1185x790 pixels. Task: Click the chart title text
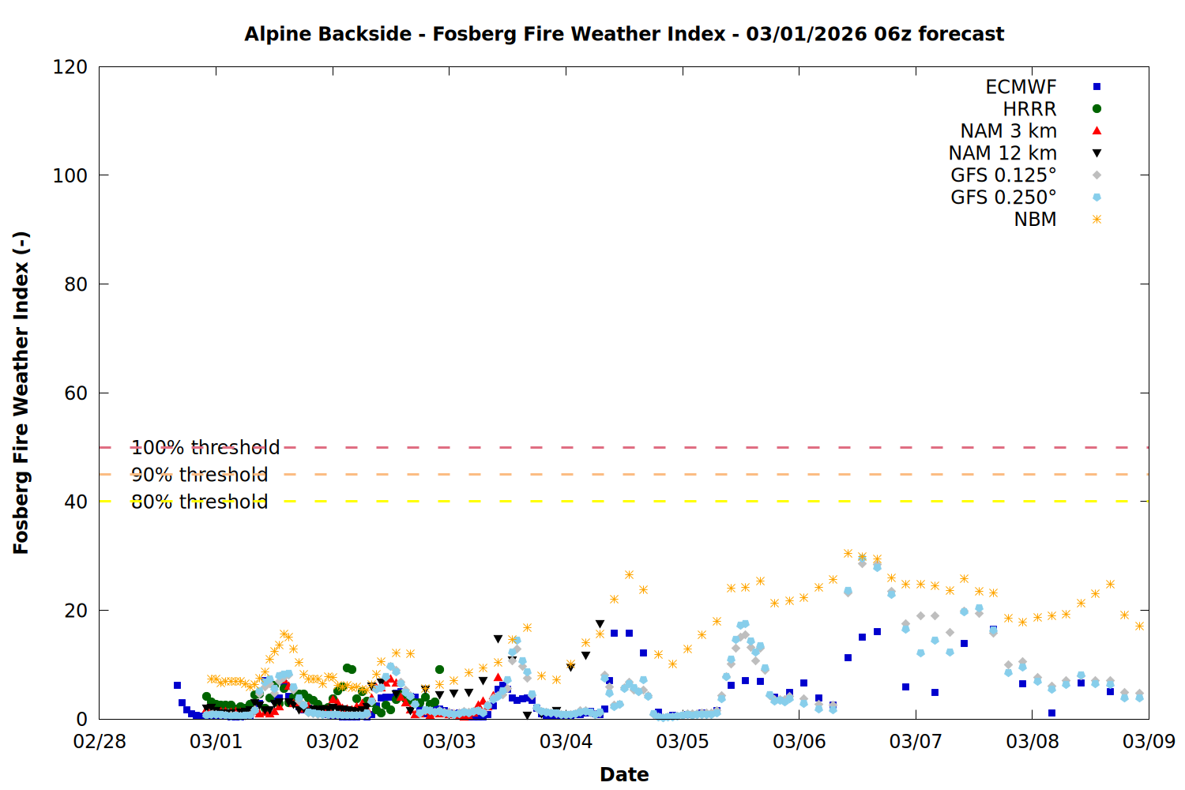coord(624,34)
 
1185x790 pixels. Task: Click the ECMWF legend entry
coord(1021,87)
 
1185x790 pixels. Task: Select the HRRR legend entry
coord(1029,109)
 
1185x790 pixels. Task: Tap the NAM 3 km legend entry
coord(1008,131)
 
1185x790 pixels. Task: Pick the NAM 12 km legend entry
coord(1003,153)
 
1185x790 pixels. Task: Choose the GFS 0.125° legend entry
coord(1003,175)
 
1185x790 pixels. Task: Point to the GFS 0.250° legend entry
coord(1003,197)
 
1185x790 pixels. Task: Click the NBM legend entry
coord(1035,220)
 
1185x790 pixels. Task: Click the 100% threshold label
coord(205,448)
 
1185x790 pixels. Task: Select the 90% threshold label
coord(199,475)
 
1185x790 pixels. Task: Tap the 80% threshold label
coord(199,502)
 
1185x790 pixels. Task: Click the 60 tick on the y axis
coord(76,393)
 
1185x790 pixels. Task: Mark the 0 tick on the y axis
coord(81,720)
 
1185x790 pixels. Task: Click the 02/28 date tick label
coord(100,742)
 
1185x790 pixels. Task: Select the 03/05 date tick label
coord(683,742)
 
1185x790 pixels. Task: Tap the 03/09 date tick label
coord(1149,742)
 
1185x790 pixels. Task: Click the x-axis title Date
coord(624,774)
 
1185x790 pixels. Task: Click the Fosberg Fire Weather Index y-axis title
coord(21,393)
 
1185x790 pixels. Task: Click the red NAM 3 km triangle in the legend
coord(1097,130)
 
